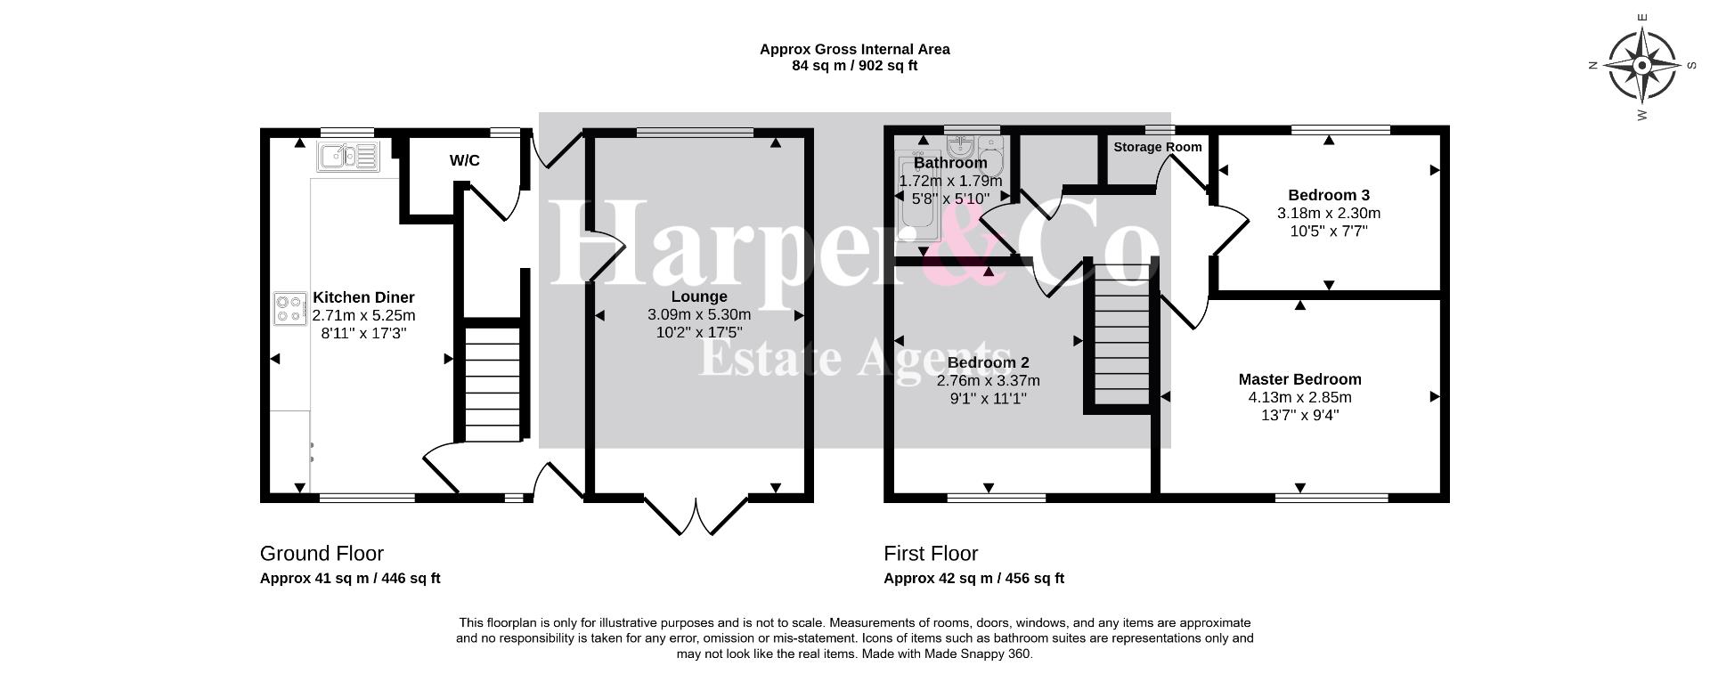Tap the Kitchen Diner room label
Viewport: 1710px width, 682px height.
pyautogui.click(x=363, y=297)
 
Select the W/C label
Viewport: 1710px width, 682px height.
pyautogui.click(x=464, y=160)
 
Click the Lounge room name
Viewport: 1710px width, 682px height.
pyautogui.click(x=699, y=296)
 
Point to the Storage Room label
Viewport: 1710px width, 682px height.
pyautogui.click(x=1157, y=147)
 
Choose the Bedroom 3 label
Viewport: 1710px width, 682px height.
pyautogui.click(x=1329, y=195)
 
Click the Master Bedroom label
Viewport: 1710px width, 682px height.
pyautogui.click(x=1299, y=379)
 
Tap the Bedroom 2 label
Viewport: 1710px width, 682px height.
pyautogui.click(x=988, y=362)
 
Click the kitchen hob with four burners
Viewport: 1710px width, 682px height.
pyautogui.click(x=290, y=310)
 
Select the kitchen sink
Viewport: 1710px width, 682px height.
pyautogui.click(x=348, y=156)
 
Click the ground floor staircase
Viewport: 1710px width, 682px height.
pyautogui.click(x=493, y=383)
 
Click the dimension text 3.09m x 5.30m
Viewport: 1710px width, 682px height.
pyautogui.click(x=699, y=314)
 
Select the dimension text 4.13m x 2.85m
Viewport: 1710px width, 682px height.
pyautogui.click(x=1299, y=397)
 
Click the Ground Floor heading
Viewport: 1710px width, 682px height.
pyautogui.click(x=322, y=554)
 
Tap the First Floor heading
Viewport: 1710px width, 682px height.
pyautogui.click(x=931, y=554)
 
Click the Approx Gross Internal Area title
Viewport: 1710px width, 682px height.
pyautogui.click(x=855, y=50)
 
